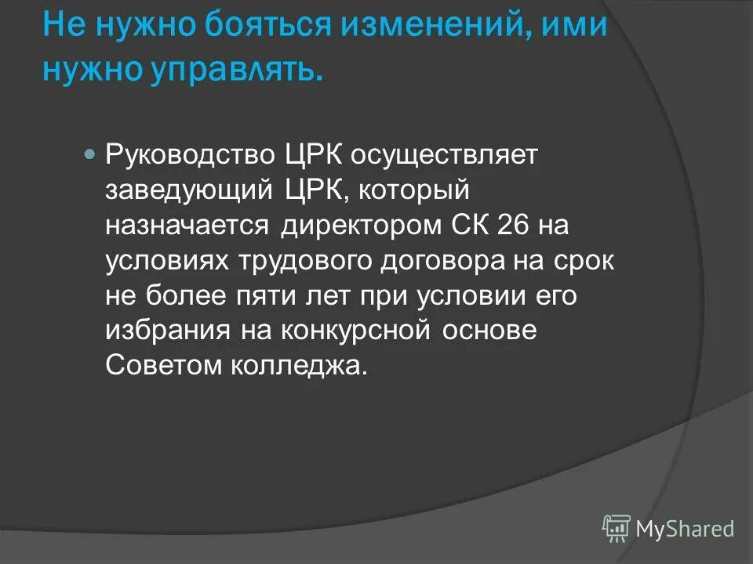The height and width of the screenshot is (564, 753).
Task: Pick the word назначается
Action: coord(186,226)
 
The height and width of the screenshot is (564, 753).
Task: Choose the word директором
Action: coord(357,226)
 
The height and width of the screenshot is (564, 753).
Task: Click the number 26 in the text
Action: coord(496,226)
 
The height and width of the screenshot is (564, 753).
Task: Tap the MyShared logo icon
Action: coord(617,529)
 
